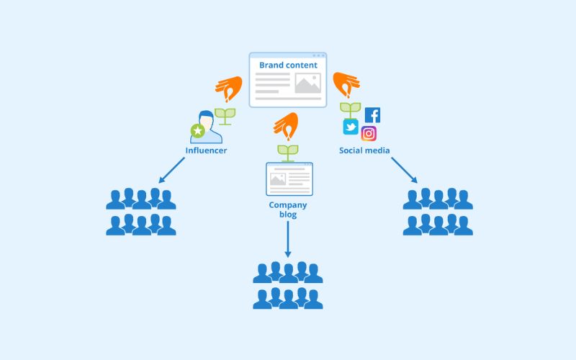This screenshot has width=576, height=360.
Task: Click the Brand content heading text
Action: point(288,65)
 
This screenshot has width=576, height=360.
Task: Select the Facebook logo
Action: point(372,115)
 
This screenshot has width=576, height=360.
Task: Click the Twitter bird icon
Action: point(351,127)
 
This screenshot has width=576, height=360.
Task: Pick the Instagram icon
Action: point(369,133)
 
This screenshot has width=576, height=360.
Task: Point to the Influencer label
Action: point(206,150)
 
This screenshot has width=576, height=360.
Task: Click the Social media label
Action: point(364,150)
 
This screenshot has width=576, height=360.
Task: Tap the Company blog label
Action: point(288,210)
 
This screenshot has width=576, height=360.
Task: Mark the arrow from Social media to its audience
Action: point(404,170)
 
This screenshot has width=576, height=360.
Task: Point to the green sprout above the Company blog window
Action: point(288,152)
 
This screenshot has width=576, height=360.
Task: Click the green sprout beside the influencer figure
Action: point(226,116)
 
